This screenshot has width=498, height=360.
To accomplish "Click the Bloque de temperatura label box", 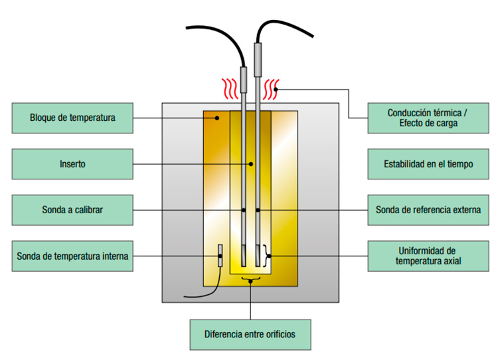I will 72,118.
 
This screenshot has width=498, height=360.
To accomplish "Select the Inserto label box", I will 72,164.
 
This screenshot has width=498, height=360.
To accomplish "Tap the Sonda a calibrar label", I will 72,210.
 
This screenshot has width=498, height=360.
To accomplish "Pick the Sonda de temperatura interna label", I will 72,255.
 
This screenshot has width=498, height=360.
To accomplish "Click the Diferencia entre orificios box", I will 250,334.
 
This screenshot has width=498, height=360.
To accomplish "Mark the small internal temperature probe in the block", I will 220,256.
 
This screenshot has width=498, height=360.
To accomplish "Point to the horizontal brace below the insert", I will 250,278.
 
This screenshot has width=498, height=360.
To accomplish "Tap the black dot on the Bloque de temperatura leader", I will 216,118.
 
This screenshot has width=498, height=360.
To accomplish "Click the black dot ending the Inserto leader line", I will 250,164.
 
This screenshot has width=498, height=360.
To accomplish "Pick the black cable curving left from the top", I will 212,33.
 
